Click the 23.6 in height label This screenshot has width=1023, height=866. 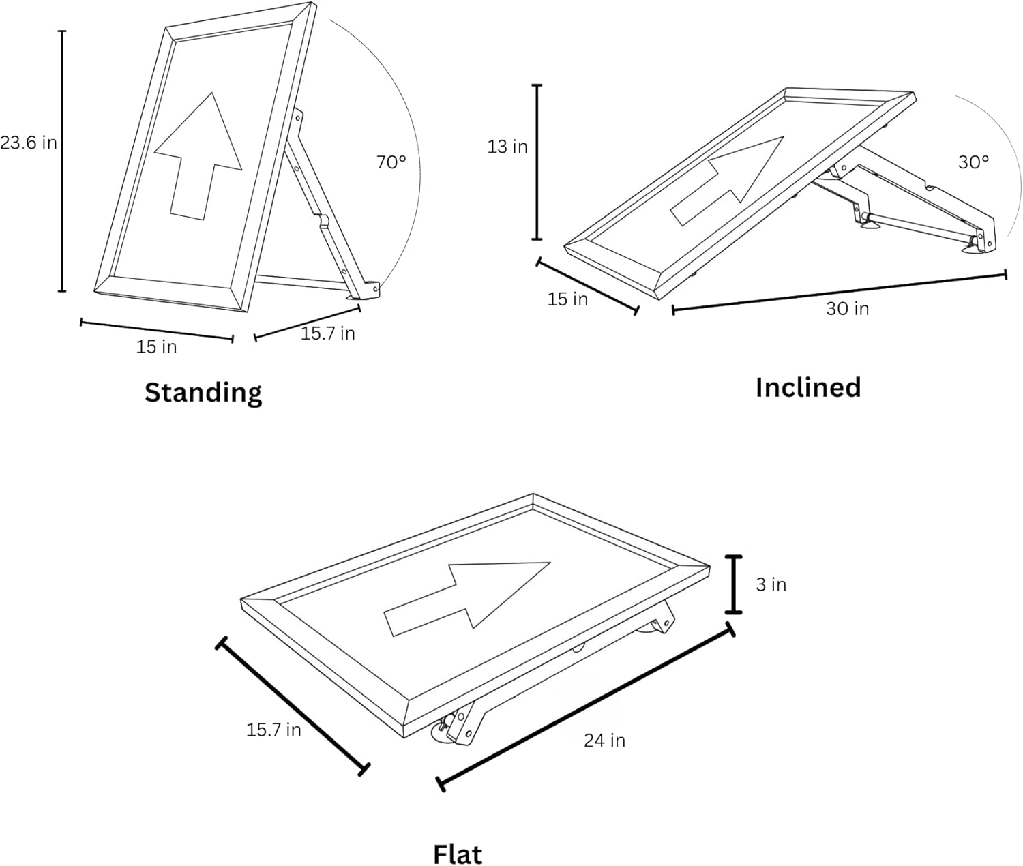click(x=28, y=143)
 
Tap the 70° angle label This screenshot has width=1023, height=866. click(x=391, y=162)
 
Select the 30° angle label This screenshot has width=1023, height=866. click(x=973, y=162)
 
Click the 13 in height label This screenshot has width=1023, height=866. click(x=507, y=147)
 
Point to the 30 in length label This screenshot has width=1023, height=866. click(x=847, y=309)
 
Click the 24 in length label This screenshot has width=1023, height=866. click(x=604, y=741)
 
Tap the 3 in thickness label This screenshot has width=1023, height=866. click(x=771, y=584)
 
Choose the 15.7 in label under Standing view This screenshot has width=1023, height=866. click(x=328, y=333)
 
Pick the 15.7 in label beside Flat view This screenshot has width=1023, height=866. click(x=273, y=730)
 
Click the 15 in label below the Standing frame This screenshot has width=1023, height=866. click(x=156, y=347)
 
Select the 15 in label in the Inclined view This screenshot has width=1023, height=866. click(x=567, y=299)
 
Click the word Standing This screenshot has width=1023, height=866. click(x=203, y=393)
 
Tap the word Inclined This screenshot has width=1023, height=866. click(x=808, y=387)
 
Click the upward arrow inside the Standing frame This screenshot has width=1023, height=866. click(x=198, y=156)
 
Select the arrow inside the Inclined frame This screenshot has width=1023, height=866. click(x=727, y=181)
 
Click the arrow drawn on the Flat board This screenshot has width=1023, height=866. click(x=467, y=599)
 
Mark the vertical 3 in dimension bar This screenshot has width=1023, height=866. click(x=733, y=584)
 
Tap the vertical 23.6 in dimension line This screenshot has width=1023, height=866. click(x=62, y=162)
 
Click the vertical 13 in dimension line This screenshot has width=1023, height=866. click(x=537, y=162)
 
